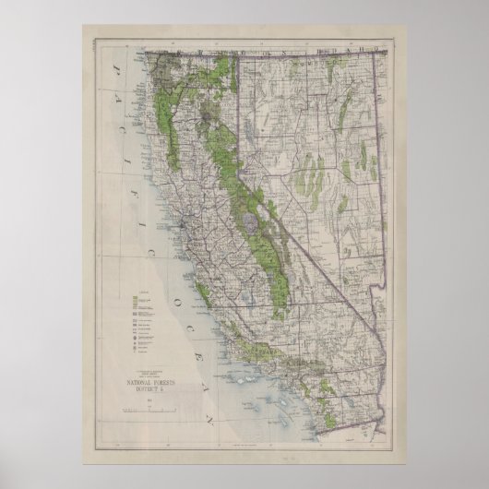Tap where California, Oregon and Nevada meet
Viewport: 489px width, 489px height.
click(241, 54)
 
